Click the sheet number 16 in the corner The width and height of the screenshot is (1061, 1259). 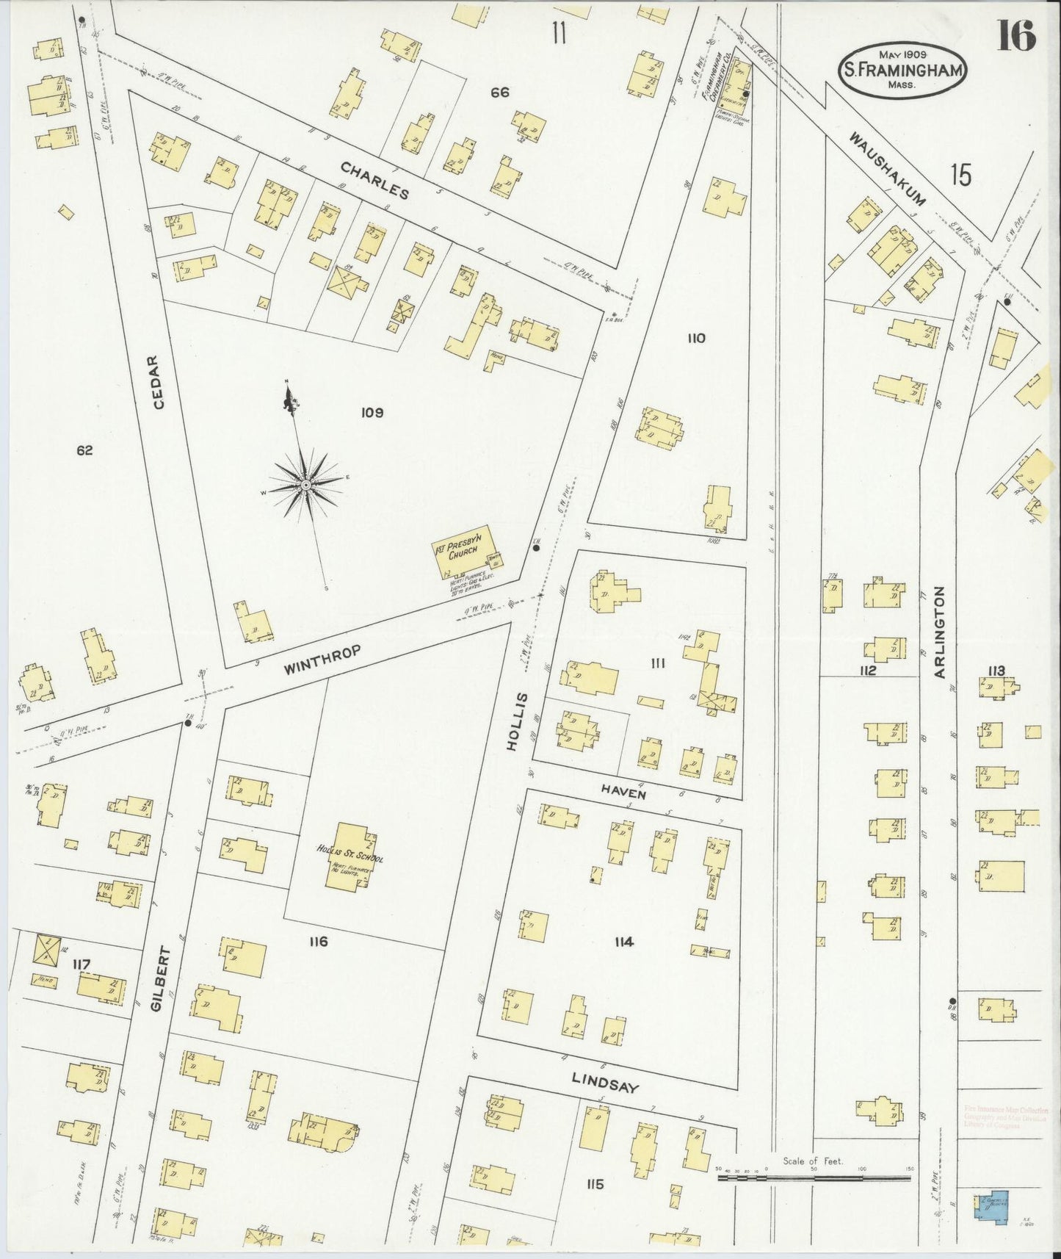point(1015,35)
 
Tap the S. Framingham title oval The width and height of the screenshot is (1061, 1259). point(902,71)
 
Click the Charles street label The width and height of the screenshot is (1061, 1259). point(374,181)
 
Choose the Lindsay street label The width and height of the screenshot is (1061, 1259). point(605,1083)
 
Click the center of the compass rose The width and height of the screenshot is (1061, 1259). point(304,485)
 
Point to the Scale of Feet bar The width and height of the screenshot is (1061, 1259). point(814,1177)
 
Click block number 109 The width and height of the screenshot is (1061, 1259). point(372,413)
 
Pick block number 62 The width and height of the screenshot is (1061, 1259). point(84,450)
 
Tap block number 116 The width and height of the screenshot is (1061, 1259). point(318,942)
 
